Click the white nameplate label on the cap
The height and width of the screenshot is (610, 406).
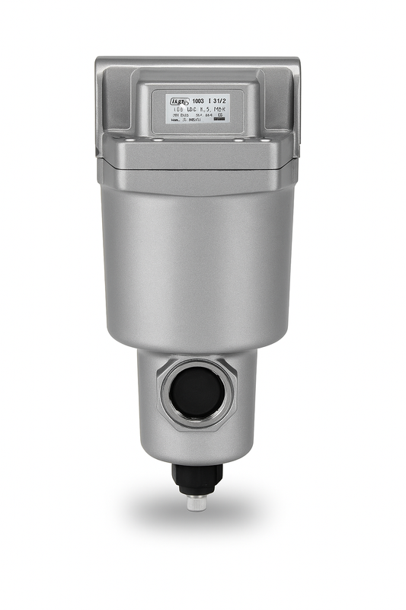(x=191, y=108)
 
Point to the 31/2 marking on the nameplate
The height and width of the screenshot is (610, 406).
(x=219, y=99)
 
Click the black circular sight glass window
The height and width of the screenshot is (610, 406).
(x=197, y=392)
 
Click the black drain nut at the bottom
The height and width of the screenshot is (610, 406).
(x=197, y=477)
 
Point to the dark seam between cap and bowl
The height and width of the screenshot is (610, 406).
(x=197, y=169)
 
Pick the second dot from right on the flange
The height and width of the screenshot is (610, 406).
(x=238, y=140)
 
